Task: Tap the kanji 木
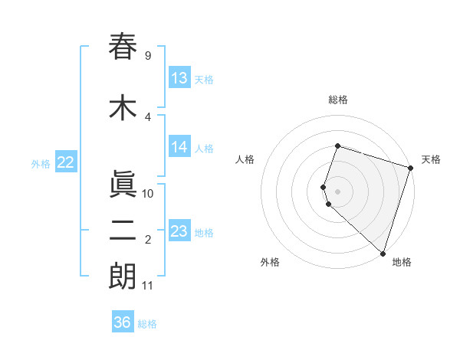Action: pyautogui.click(x=123, y=108)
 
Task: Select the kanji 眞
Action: pyautogui.click(x=123, y=185)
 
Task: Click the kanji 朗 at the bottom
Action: pyautogui.click(x=123, y=277)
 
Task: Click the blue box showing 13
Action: pyautogui.click(x=179, y=77)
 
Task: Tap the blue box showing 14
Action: pyautogui.click(x=179, y=147)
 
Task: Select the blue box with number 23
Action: pyautogui.click(x=179, y=231)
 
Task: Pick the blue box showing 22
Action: pyautogui.click(x=66, y=162)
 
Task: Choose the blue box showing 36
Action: pyautogui.click(x=123, y=322)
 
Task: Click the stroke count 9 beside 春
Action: pyautogui.click(x=147, y=56)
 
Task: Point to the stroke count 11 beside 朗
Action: pyautogui.click(x=147, y=286)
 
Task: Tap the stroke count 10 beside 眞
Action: pyautogui.click(x=148, y=194)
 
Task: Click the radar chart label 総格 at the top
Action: pyautogui.click(x=337, y=100)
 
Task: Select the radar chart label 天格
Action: pyautogui.click(x=431, y=159)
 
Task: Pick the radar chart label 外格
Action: pyautogui.click(x=270, y=262)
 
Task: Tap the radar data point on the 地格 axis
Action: pyautogui.click(x=383, y=253)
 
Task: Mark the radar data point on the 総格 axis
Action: pyautogui.click(x=337, y=146)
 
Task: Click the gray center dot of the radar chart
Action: pyautogui.click(x=337, y=191)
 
